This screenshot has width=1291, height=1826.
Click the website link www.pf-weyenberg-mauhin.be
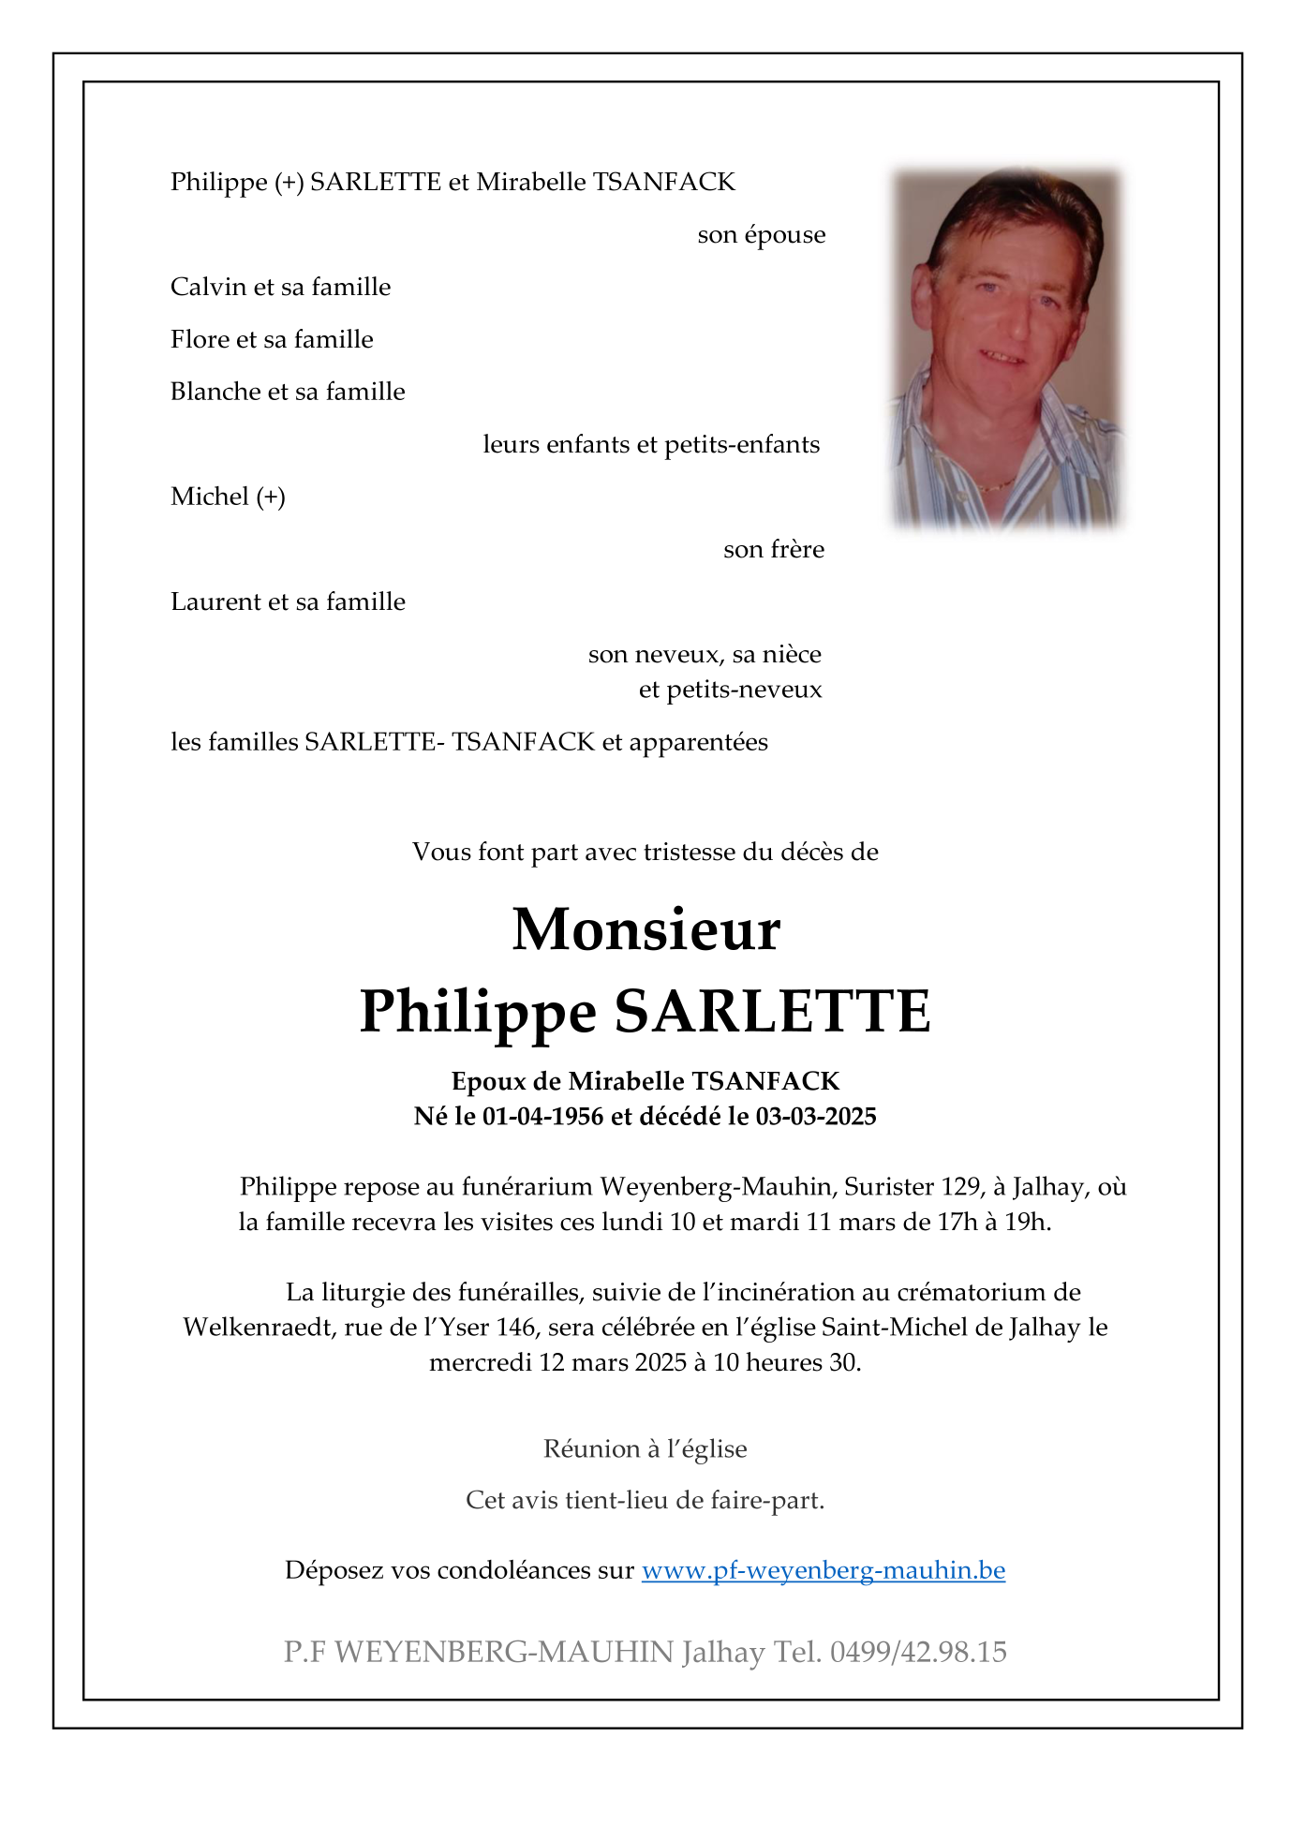pos(823,1570)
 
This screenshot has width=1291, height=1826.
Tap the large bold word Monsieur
pos(645,930)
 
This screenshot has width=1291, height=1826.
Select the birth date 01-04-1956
pos(542,1116)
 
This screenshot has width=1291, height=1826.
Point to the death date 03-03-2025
pos(815,1116)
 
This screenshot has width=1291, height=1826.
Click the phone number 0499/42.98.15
pos(917,1652)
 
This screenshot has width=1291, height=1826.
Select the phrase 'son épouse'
pos(761,234)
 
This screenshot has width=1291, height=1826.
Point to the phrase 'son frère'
pos(773,549)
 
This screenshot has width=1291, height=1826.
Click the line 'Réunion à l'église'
pos(645,1449)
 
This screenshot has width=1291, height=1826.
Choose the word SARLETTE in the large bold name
pos(772,1012)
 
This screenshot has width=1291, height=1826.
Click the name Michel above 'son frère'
pos(209,497)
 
